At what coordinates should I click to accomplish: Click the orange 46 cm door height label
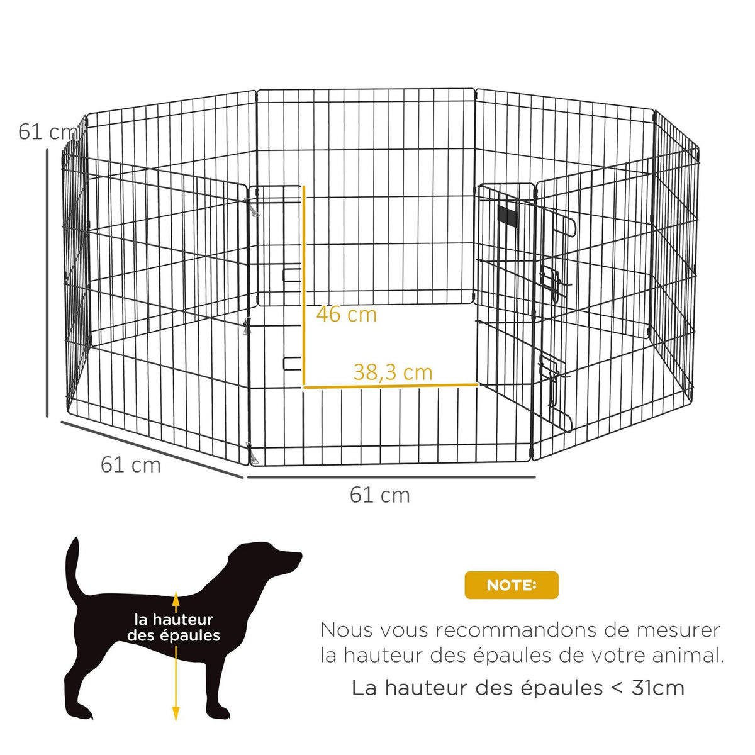pos(346,313)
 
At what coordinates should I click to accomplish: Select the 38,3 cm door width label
pos(393,372)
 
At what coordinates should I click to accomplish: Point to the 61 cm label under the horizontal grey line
pos(380,495)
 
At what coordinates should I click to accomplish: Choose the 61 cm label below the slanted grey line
pos(131,465)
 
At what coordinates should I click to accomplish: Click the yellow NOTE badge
pos(511,585)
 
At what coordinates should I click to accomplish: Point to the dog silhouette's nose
pos(298,556)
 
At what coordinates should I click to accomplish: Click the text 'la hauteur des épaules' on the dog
pos(174,627)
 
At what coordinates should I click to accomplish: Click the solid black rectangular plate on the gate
pos(506,215)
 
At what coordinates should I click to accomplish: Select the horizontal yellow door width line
pos(390,385)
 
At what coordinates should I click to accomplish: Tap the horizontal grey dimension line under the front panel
pos(390,477)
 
